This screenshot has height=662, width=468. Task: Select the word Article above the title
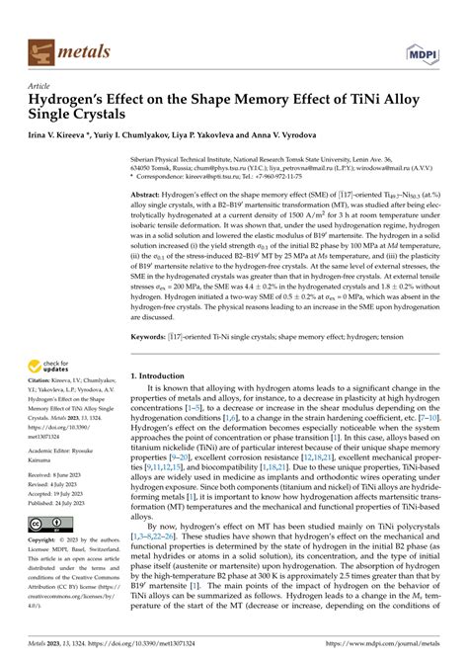44,86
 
